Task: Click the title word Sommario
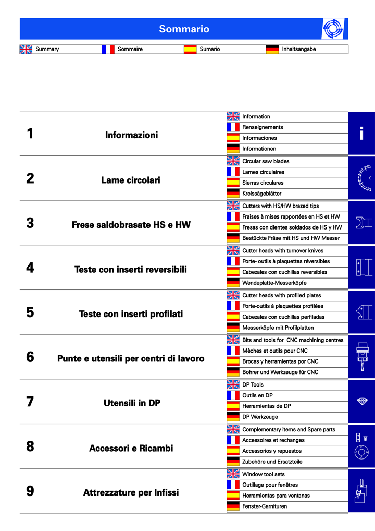(184, 29)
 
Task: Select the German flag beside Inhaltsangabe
(272, 49)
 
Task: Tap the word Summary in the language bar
(47, 49)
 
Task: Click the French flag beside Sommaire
(108, 49)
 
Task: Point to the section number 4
(30, 268)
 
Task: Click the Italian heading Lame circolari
(131, 180)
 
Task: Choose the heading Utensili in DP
(132, 403)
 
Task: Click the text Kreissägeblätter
(261, 194)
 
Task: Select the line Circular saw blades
(266, 161)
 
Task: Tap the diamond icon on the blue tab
(362, 401)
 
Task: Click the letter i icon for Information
(361, 134)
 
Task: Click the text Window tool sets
(264, 474)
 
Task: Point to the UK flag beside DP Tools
(233, 385)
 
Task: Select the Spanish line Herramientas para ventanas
(276, 496)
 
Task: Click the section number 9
(30, 491)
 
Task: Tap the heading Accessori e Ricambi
(131, 449)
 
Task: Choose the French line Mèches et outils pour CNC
(274, 351)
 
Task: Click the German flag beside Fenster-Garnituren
(233, 506)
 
